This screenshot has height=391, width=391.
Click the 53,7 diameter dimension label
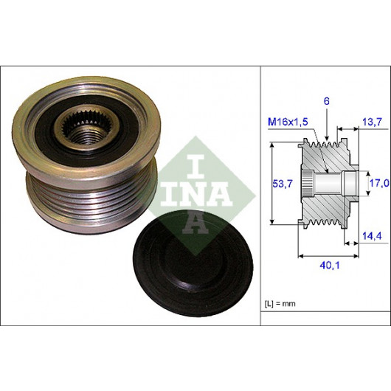tap(283, 184)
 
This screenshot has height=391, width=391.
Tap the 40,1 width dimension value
tap(330, 266)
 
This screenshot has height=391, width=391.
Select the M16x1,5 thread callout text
tap(288, 122)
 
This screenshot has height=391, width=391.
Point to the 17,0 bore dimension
tap(379, 183)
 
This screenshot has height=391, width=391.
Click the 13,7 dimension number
tap(372, 122)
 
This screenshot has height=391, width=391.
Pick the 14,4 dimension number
tap(372, 235)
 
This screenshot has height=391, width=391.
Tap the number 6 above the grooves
tap(327, 101)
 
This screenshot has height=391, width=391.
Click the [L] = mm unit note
tap(280, 303)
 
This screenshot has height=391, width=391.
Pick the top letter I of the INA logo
tap(196, 166)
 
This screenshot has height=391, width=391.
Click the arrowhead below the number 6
tap(327, 139)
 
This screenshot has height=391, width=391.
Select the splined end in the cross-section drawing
tap(307, 184)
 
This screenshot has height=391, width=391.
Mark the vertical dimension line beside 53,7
tap(273, 183)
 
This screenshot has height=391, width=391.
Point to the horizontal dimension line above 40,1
tap(328, 255)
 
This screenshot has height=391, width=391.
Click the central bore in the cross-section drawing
tap(328, 184)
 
